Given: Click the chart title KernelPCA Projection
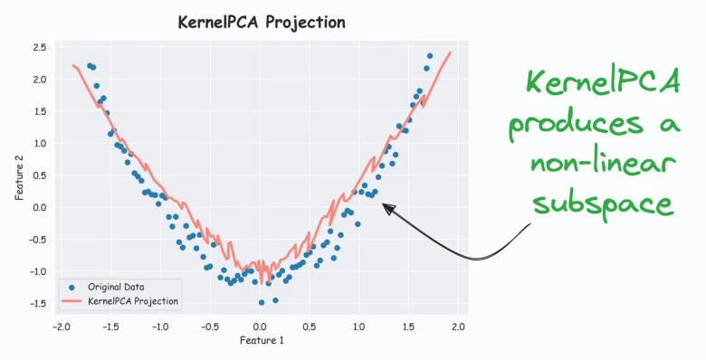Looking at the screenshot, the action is click(262, 23).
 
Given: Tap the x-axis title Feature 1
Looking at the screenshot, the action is click(262, 340).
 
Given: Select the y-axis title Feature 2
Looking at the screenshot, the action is click(19, 177).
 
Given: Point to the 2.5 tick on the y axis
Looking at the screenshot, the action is click(40, 47).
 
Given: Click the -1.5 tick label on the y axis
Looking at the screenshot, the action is click(37, 303).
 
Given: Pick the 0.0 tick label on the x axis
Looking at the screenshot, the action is click(260, 327).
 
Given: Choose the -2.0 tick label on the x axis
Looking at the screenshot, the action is click(62, 327).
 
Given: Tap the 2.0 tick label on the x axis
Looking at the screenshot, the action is click(458, 327).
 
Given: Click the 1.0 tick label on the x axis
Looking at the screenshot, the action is click(358, 327).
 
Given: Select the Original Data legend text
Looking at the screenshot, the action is click(116, 287).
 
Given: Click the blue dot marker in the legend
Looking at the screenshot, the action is click(72, 287).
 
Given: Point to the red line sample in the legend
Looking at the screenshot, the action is click(72, 300).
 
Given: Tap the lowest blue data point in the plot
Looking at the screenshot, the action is click(262, 302).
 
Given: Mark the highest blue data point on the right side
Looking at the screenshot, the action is click(430, 56).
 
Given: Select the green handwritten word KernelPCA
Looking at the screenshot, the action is click(604, 81).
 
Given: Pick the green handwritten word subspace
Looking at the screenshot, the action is click(604, 204).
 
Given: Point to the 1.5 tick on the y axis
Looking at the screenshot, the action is click(40, 111).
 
